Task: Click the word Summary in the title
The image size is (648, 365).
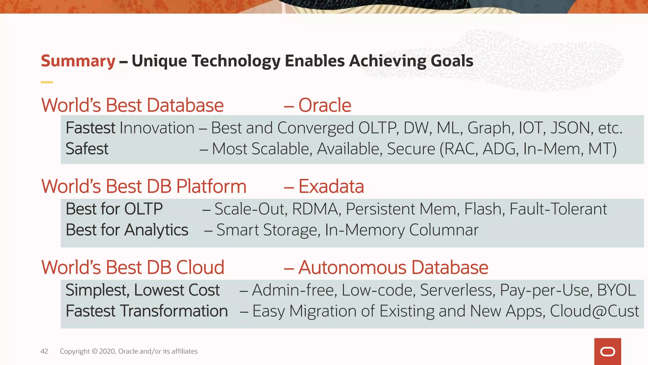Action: (78, 61)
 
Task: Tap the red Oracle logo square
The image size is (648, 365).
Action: (607, 351)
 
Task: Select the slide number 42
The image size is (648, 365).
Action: (44, 351)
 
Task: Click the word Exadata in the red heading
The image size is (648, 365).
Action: (331, 186)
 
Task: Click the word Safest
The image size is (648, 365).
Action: (87, 149)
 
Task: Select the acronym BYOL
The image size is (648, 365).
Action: (616, 290)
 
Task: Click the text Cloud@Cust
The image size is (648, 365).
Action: (594, 311)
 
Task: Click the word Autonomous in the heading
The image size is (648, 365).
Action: (352, 268)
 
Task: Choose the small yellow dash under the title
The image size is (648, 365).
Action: (47, 82)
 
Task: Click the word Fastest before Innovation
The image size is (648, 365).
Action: (90, 128)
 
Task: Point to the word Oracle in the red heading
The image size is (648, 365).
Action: (325, 105)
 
